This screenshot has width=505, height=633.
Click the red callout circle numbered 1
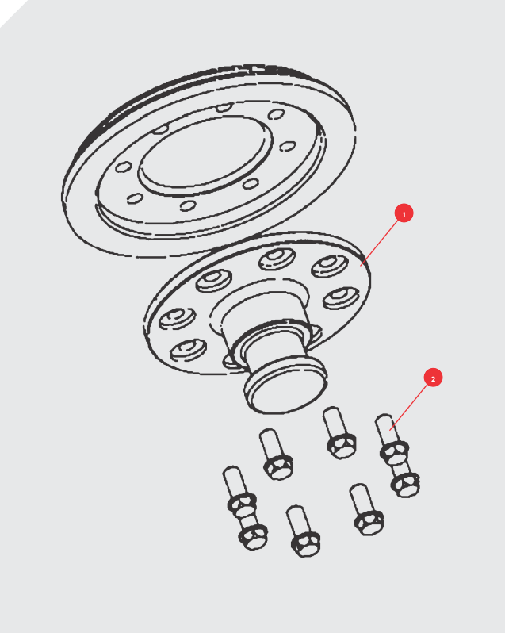(404, 213)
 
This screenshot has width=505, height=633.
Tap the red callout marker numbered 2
(433, 378)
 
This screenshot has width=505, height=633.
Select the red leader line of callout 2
(408, 408)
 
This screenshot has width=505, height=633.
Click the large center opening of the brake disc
(205, 152)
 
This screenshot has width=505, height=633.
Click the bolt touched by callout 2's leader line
(398, 455)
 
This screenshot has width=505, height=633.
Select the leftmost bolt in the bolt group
(244, 508)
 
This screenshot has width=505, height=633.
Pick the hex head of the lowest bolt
(306, 544)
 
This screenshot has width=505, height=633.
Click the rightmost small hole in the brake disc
(288, 146)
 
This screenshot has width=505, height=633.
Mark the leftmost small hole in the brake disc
(124, 167)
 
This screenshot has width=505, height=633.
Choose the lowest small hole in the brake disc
(188, 205)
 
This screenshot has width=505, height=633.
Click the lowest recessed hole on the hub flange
(188, 350)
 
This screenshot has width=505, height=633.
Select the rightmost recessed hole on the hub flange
(341, 298)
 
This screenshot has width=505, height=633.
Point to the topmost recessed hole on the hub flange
(277, 259)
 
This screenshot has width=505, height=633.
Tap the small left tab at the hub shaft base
(230, 363)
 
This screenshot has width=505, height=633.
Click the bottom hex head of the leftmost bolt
(253, 538)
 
